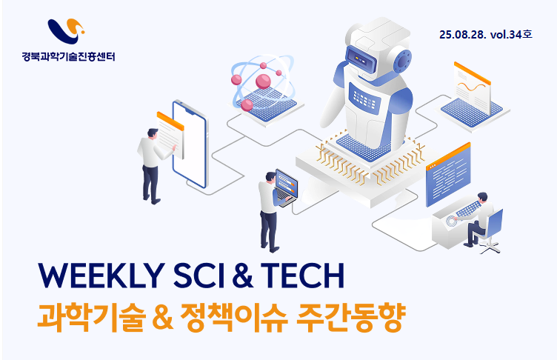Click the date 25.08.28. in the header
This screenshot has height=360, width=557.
coord(462,35)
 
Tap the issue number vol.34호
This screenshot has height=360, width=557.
coord(511,35)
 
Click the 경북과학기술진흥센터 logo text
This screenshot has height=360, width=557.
coord(68,56)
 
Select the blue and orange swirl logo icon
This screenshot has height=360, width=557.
coord(66,31)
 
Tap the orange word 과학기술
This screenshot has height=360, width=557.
coord(92,317)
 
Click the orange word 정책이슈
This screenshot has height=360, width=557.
coord(234,317)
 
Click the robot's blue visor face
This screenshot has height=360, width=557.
coord(361,59)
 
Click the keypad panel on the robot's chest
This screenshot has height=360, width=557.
coord(364,96)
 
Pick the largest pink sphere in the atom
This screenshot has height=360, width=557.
coord(263,81)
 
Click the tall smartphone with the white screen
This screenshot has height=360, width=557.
coord(190,144)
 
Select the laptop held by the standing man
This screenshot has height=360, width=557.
coord(286,187)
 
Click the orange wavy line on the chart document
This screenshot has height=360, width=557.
coord(471,87)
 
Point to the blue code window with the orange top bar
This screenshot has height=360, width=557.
coord(448,175)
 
